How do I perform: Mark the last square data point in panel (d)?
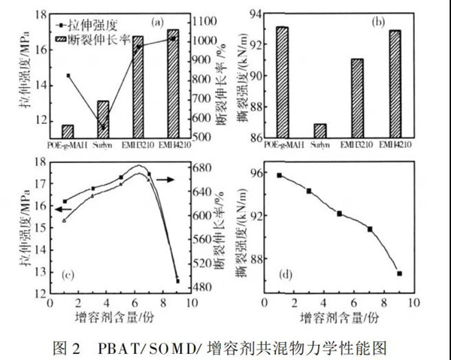pyautogui.click(x=399, y=274)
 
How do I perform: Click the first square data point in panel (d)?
pyautogui.click(x=279, y=175)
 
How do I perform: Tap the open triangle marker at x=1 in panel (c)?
pyautogui.click(x=65, y=220)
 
